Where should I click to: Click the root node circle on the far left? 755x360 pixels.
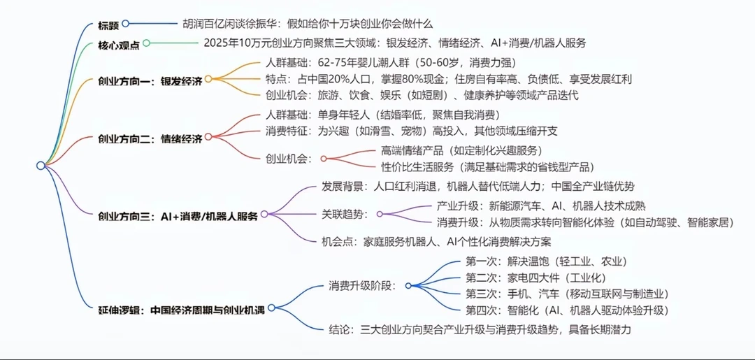click(x=41, y=165)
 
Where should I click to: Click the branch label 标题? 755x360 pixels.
click(x=108, y=24)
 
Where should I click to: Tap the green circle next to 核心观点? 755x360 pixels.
click(x=146, y=44)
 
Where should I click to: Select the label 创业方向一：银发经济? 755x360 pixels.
click(x=150, y=80)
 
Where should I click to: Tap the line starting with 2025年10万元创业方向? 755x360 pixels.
click(x=394, y=43)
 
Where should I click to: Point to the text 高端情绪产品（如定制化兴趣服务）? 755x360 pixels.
click(x=461, y=150)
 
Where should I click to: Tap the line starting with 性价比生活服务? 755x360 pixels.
click(x=487, y=167)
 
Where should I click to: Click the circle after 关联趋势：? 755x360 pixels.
click(x=381, y=215)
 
